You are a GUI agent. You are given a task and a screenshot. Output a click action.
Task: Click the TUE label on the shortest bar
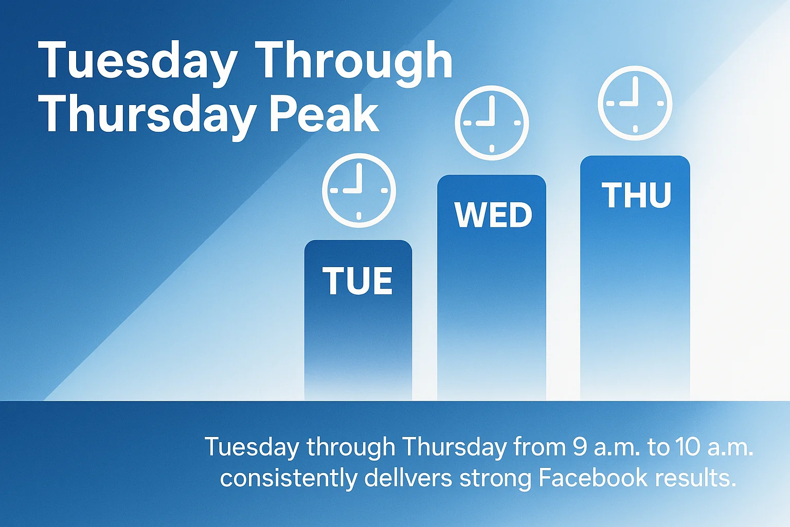(x=357, y=281)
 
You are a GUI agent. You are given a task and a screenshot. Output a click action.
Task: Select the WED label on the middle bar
(x=493, y=215)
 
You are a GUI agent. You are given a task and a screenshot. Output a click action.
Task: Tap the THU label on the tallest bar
(x=637, y=196)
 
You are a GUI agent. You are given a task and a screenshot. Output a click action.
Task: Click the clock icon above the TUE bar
(x=359, y=190)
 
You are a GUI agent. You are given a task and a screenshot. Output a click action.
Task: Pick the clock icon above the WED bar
(x=492, y=123)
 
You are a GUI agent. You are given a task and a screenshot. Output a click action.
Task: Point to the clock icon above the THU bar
(x=635, y=103)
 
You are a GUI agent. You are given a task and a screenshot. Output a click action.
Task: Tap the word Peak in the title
(x=324, y=114)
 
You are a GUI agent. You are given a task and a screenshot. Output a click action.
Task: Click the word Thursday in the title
(x=147, y=114)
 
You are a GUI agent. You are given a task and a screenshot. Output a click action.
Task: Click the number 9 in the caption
(x=580, y=447)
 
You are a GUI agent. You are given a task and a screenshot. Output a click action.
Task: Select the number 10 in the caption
(x=689, y=447)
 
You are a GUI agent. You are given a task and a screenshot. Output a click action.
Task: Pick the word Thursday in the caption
(x=455, y=447)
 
